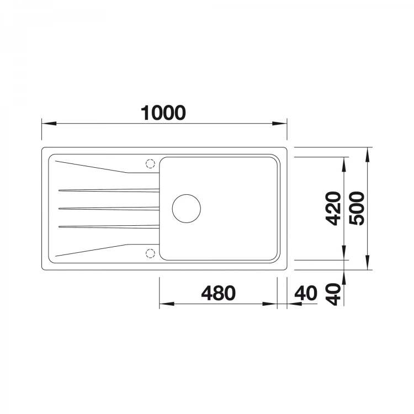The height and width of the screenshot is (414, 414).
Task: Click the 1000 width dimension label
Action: pos(163,113)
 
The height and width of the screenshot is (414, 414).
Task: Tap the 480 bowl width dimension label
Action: pos(219,293)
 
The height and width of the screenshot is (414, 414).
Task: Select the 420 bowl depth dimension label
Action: pos(333,209)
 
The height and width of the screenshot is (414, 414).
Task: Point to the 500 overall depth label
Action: pos(356,209)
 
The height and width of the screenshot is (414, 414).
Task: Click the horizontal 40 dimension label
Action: pos(306,293)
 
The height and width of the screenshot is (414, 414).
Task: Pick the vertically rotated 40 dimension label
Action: pos(333,294)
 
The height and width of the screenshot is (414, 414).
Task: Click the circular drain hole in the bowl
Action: pos(187,209)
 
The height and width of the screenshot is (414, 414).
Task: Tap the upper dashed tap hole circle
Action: pos(150,164)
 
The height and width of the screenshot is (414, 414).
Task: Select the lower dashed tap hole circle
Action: pos(150,253)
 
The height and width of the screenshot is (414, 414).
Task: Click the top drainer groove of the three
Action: pos(109,190)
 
